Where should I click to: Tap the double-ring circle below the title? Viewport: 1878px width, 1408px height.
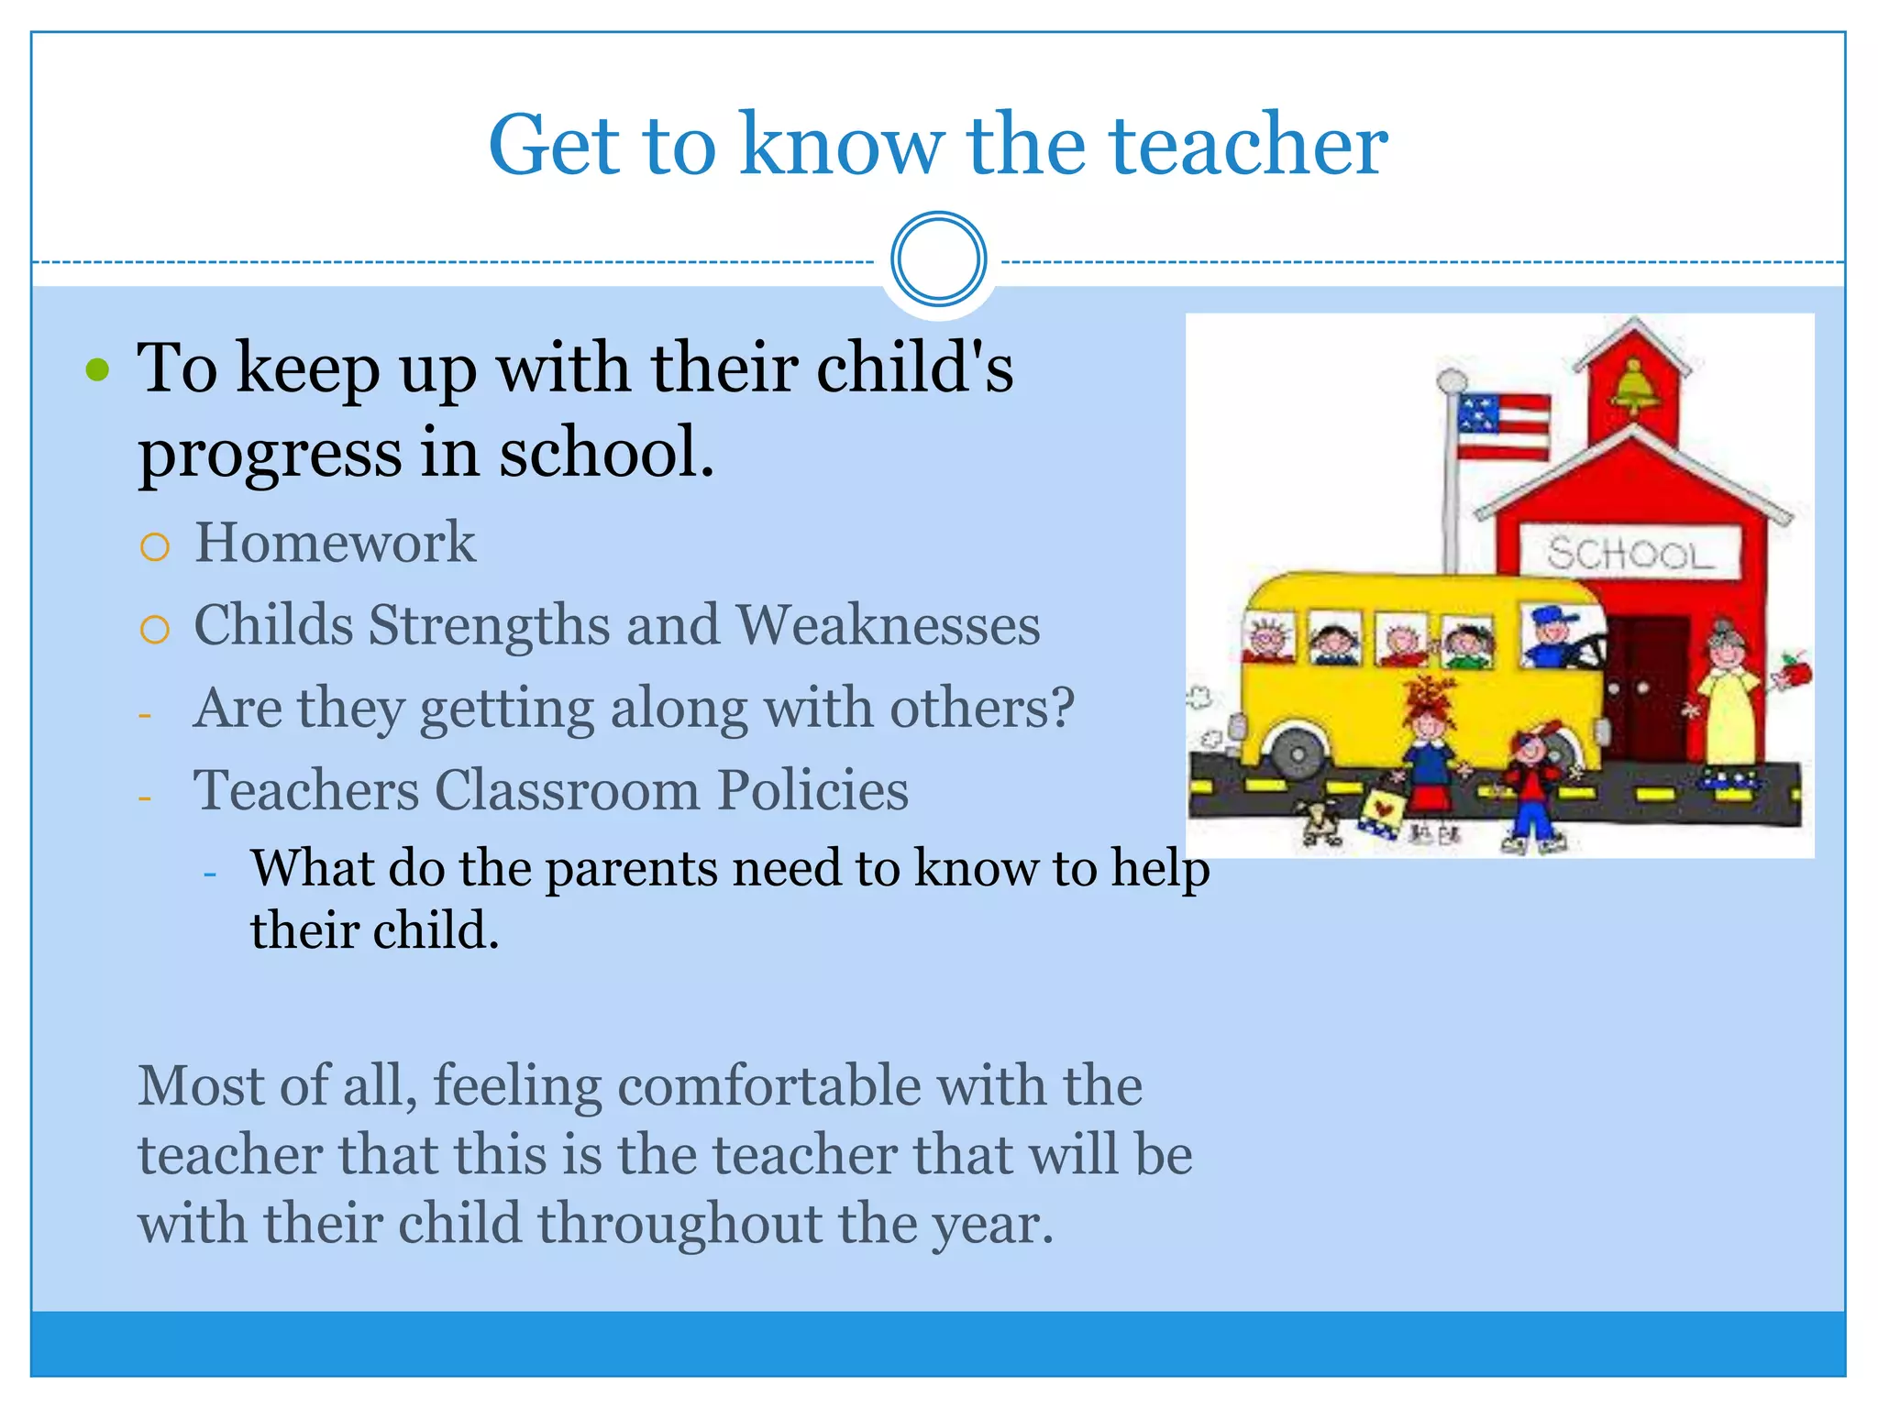tap(938, 259)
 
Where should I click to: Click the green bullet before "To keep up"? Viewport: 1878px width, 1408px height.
tap(97, 370)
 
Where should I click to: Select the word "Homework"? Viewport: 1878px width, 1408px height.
tap(335, 542)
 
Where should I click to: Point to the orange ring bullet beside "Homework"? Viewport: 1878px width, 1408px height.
tap(155, 547)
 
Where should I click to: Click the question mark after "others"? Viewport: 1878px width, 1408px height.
tap(1062, 707)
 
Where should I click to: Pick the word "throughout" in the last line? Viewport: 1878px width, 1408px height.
tap(679, 1224)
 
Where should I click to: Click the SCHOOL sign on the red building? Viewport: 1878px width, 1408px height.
tap(1629, 553)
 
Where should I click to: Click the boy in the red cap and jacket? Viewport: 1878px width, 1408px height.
tap(1529, 784)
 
